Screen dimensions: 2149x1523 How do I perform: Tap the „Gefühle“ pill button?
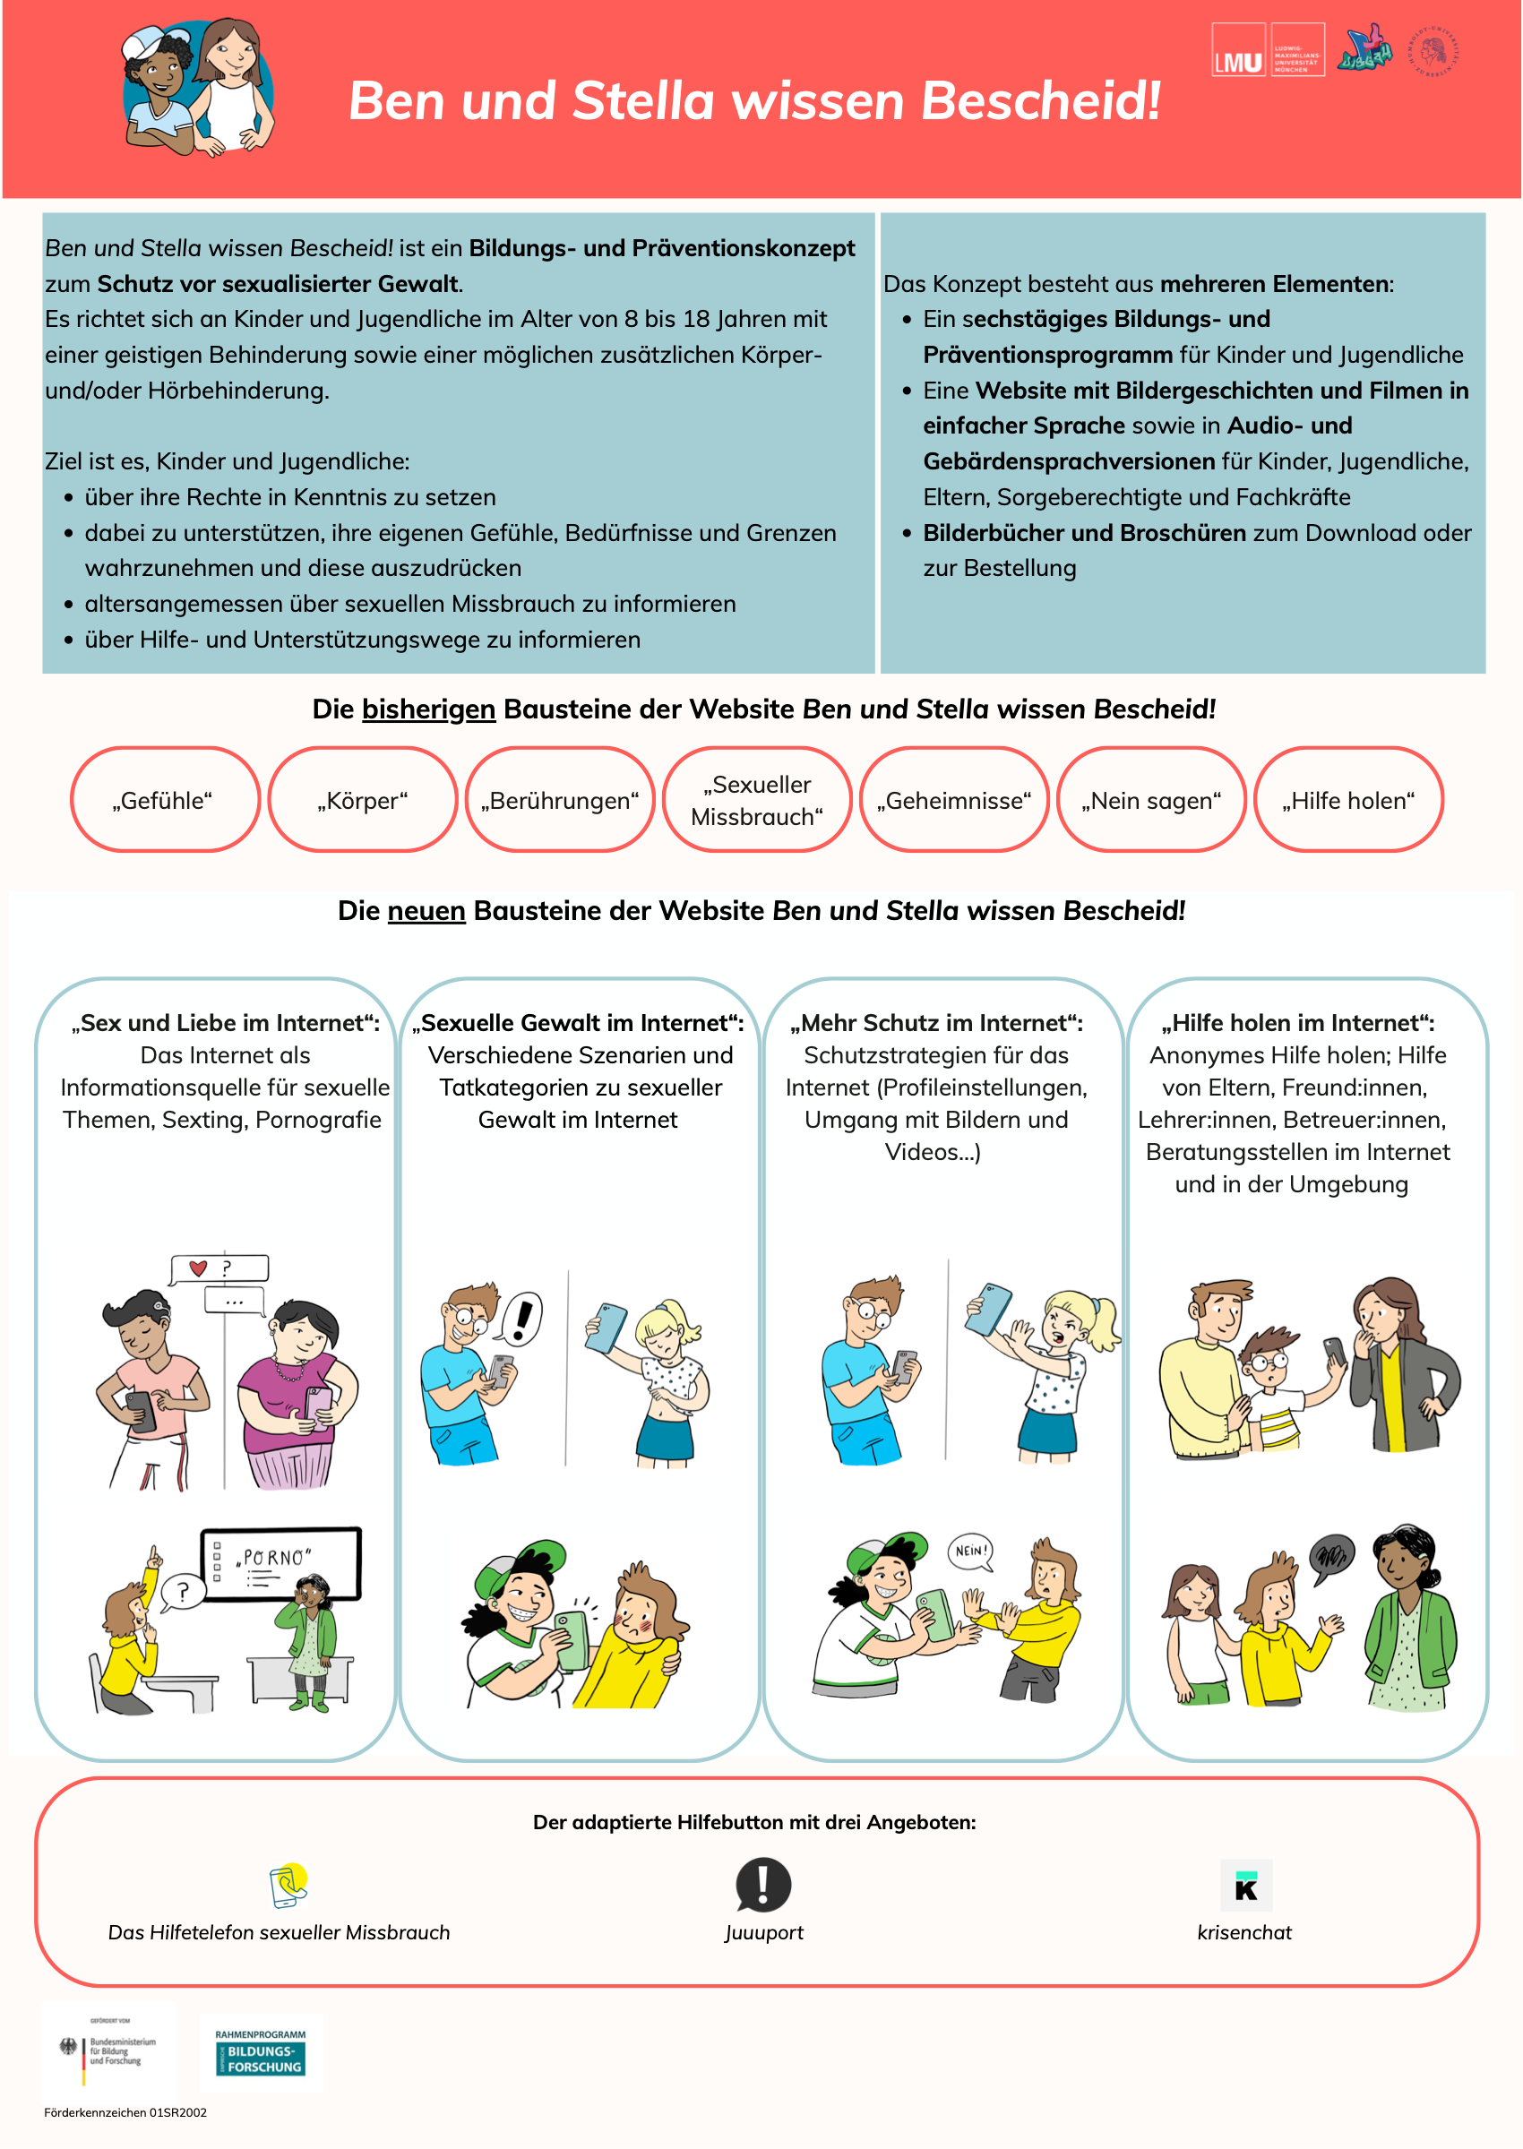pos(164,800)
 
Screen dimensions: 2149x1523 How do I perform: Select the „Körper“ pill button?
pos(362,800)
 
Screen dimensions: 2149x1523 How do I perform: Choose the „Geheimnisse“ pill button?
pos(954,800)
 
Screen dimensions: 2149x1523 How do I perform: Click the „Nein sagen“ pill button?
pos(1150,800)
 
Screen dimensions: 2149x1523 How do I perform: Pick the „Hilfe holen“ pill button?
pos(1347,800)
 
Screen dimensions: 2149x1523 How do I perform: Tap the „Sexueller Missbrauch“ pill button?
pos(757,800)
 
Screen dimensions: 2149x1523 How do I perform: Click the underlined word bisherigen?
pos(428,709)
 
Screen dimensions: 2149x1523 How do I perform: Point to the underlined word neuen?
pos(426,910)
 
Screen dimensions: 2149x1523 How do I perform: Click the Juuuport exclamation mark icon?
pos(763,1885)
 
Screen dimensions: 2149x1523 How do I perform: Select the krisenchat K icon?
pos(1245,1886)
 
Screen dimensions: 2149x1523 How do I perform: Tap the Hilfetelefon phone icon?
pos(288,1886)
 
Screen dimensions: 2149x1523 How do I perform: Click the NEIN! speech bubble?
pos(969,1551)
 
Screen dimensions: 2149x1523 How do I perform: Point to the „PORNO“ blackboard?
pos(280,1563)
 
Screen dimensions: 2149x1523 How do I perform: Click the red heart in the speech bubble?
pos(198,1268)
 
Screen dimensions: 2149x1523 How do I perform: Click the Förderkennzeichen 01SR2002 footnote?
pos(125,2112)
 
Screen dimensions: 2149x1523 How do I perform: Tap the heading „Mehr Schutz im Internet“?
pos(936,1023)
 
